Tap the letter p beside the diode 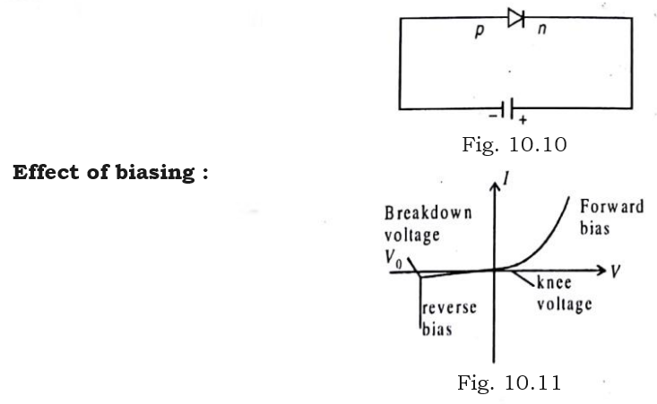pyautogui.click(x=480, y=41)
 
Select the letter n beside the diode pyautogui.click(x=541, y=40)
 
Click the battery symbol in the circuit pyautogui.click(x=511, y=109)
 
